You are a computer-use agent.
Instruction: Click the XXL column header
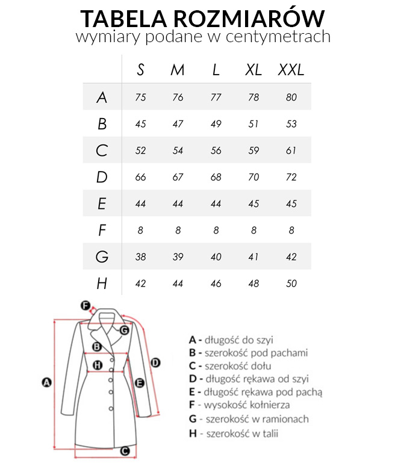point(291,70)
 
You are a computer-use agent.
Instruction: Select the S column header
point(141,70)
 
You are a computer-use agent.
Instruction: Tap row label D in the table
point(102,177)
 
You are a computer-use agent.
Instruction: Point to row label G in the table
point(102,257)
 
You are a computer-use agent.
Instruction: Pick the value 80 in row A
point(291,98)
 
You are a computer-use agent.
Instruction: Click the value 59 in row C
point(253,151)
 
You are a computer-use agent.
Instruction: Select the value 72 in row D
point(291,178)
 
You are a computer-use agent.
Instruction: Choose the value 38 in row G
point(141,257)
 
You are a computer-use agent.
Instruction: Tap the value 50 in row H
point(291,284)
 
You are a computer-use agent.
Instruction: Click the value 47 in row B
point(178,124)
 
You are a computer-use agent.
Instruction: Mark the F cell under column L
point(216,231)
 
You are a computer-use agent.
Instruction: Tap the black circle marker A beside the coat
point(45,382)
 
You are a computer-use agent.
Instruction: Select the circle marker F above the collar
point(85,305)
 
